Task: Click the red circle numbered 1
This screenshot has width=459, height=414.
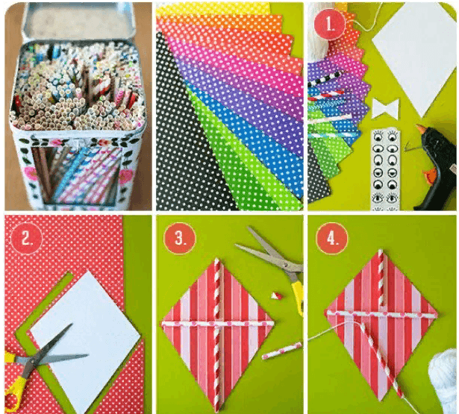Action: pos(330,25)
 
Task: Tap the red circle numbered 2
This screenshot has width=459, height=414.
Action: pos(26,239)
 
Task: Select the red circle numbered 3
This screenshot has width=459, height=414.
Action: pos(179,239)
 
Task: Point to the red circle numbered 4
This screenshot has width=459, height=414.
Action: pos(332,239)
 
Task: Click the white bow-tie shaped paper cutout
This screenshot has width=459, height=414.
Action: pos(386,109)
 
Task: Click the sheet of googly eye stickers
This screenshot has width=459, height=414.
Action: pos(385,169)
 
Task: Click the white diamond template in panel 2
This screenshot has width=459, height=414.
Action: pos(86,336)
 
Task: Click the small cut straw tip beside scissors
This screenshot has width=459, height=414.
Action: pos(276,296)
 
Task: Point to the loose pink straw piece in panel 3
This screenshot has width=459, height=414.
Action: pos(282,350)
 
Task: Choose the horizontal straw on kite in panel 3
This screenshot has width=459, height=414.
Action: pos(218,324)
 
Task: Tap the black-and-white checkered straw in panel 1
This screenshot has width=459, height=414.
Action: pos(325,78)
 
